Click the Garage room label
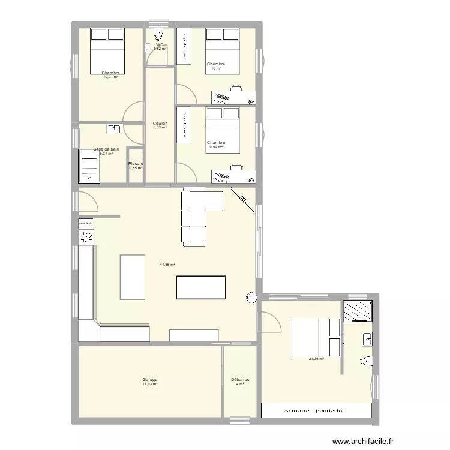pos(150,379)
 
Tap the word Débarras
pos(240,379)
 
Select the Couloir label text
pos(160,123)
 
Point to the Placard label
pos(136,163)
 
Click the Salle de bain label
pos(106,149)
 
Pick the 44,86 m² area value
pos(167,265)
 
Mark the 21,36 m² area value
pos(316,359)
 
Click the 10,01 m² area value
pos(110,77)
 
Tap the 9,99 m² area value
pos(216,147)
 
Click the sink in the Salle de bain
pos(113,128)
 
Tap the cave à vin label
pos(85,223)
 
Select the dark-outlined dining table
pos(201,287)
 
